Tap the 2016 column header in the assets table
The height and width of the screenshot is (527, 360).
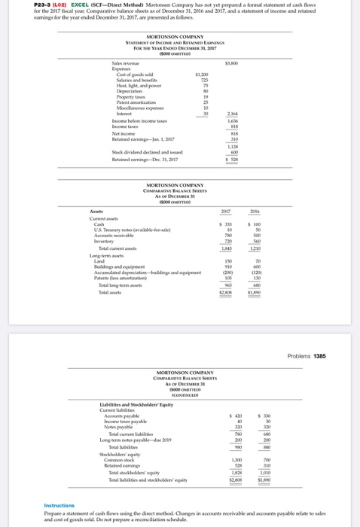(275, 191)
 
